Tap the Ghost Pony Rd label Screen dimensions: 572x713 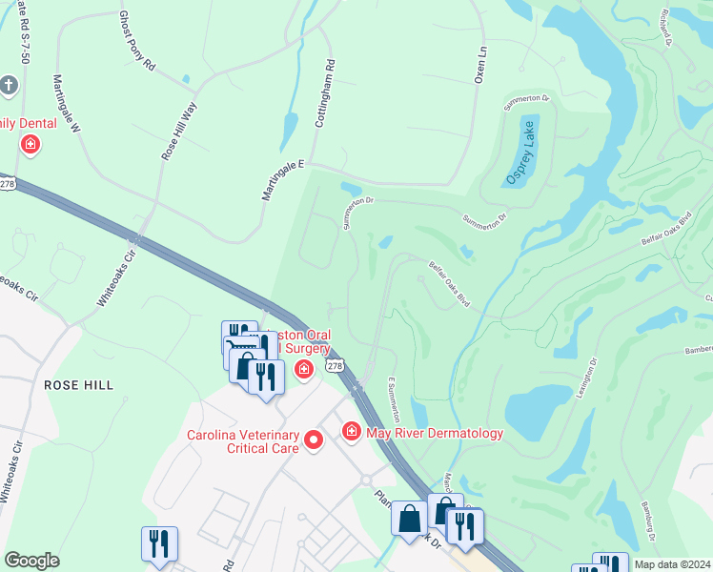coord(136,42)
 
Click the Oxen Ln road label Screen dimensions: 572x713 coord(481,65)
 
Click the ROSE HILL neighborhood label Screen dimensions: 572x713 coord(78,385)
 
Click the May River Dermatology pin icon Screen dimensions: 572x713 coord(351,433)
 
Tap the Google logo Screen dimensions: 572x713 coord(31,561)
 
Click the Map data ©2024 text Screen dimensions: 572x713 coord(671,564)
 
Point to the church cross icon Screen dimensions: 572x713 coord(9,86)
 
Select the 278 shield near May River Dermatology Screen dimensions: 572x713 coord(333,366)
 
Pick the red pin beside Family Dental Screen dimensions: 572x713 coord(31,144)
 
